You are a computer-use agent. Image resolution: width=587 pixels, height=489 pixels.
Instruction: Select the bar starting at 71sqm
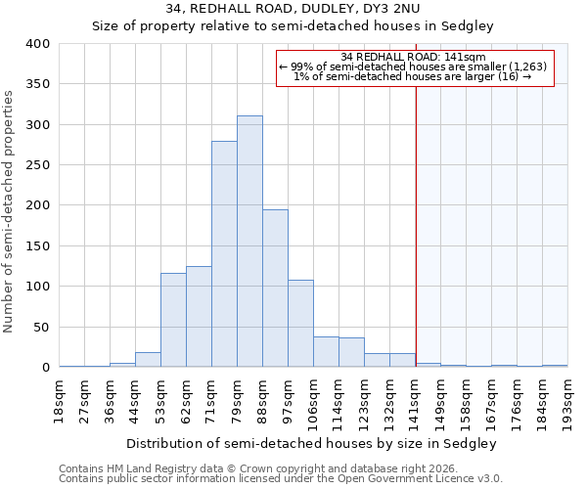click(224, 254)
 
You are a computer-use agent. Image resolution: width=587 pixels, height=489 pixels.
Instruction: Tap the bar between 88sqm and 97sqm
click(275, 289)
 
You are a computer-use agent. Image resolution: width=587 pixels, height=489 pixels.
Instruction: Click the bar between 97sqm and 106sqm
click(300, 324)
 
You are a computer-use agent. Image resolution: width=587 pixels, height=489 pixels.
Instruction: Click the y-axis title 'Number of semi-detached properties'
click(9, 210)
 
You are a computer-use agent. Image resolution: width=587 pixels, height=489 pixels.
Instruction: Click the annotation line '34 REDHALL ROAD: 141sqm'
click(414, 57)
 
